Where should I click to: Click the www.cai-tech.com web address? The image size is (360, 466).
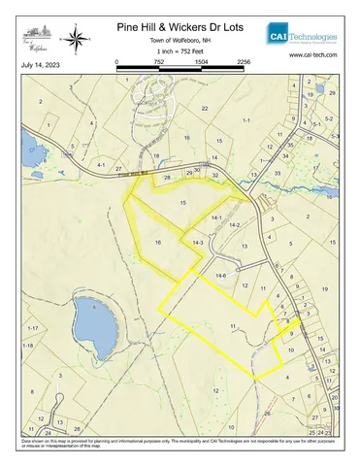coord(312,56)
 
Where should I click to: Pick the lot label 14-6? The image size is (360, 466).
coord(220,277)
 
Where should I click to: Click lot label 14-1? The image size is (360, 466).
coord(216,217)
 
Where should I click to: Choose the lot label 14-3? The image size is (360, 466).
coord(197,242)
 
